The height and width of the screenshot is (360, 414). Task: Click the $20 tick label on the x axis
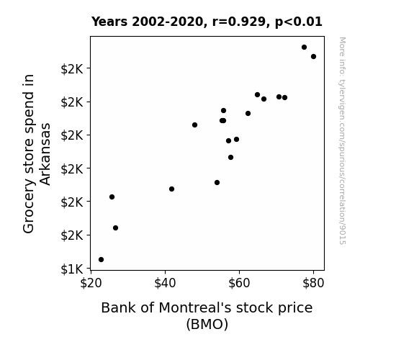click(x=91, y=283)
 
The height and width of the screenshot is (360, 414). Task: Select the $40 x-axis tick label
click(x=165, y=283)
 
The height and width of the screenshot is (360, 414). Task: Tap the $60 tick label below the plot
click(x=239, y=283)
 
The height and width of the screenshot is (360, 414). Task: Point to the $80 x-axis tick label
click(x=313, y=283)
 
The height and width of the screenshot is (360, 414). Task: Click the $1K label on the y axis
click(x=72, y=269)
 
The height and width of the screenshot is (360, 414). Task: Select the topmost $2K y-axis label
click(x=72, y=69)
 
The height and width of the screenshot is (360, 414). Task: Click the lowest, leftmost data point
click(x=101, y=260)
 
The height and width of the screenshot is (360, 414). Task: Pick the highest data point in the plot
click(x=304, y=48)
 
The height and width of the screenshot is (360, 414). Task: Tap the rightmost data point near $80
click(x=314, y=57)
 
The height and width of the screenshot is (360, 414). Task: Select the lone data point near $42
click(x=171, y=189)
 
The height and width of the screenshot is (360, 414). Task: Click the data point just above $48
click(x=195, y=125)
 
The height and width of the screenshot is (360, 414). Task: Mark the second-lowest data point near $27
click(x=116, y=228)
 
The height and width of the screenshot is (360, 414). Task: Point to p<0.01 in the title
click(x=299, y=22)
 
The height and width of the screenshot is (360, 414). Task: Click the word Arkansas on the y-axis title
click(x=45, y=154)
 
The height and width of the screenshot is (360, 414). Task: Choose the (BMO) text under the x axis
click(x=207, y=324)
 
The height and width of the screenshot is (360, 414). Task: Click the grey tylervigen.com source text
click(x=342, y=140)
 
